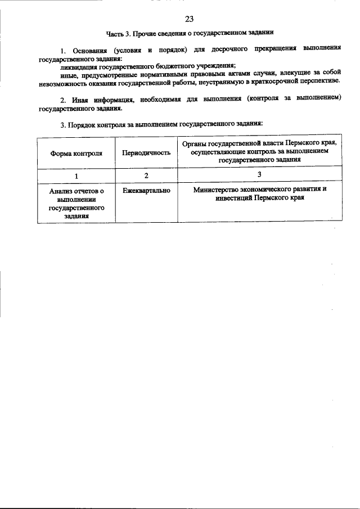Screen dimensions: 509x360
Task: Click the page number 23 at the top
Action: coord(188,20)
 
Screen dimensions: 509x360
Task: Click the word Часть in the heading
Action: coord(116,34)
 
